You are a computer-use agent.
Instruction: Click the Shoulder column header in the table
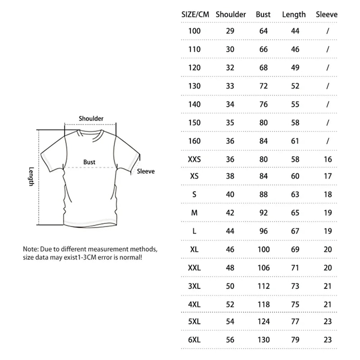(x=230, y=14)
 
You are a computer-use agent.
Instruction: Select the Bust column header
(x=263, y=14)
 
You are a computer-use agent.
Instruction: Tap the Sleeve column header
(x=326, y=14)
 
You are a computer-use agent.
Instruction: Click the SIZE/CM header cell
(x=195, y=14)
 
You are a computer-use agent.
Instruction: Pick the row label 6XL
(x=194, y=340)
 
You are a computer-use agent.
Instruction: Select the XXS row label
(x=194, y=159)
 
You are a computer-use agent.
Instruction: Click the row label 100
(x=194, y=31)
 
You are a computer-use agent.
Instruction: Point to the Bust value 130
(x=263, y=340)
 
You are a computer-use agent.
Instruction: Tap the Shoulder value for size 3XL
(x=230, y=286)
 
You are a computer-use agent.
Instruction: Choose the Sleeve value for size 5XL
(x=328, y=322)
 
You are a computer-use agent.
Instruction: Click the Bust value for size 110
(x=263, y=49)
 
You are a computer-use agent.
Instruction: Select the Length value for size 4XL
(x=295, y=304)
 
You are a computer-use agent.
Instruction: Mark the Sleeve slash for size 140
(x=328, y=104)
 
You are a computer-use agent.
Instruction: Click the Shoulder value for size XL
(x=230, y=249)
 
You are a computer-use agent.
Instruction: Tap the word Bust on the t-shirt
(x=89, y=162)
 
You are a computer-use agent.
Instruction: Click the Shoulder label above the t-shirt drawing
(x=91, y=118)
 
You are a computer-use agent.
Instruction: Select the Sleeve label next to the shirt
(x=145, y=171)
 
